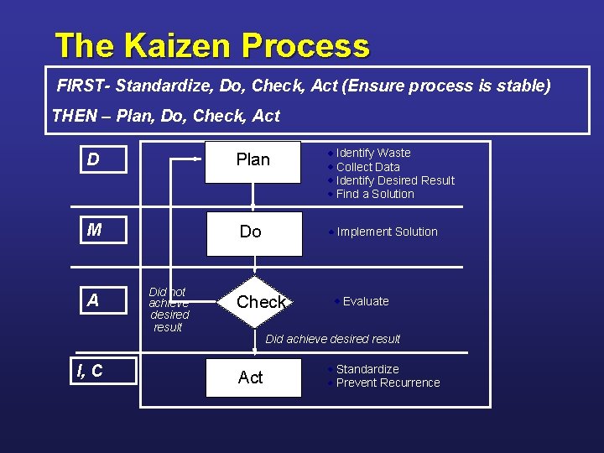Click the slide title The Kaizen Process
tap(211, 45)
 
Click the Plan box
tap(253, 159)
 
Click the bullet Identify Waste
tap(372, 154)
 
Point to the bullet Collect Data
tap(367, 167)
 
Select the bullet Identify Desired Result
tap(394, 180)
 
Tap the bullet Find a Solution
tap(374, 194)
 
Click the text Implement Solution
tap(387, 232)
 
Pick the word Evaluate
tap(366, 301)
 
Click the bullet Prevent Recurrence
tap(388, 383)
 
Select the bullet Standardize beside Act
tap(367, 369)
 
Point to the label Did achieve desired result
tap(332, 339)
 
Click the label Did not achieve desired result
tap(169, 310)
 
